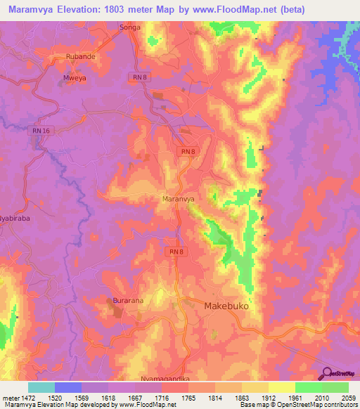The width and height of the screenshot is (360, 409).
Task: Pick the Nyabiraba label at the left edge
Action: coord(17,219)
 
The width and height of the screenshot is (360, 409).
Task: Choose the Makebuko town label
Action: coord(227,307)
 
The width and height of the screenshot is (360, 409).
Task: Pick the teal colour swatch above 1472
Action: coord(41,387)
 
